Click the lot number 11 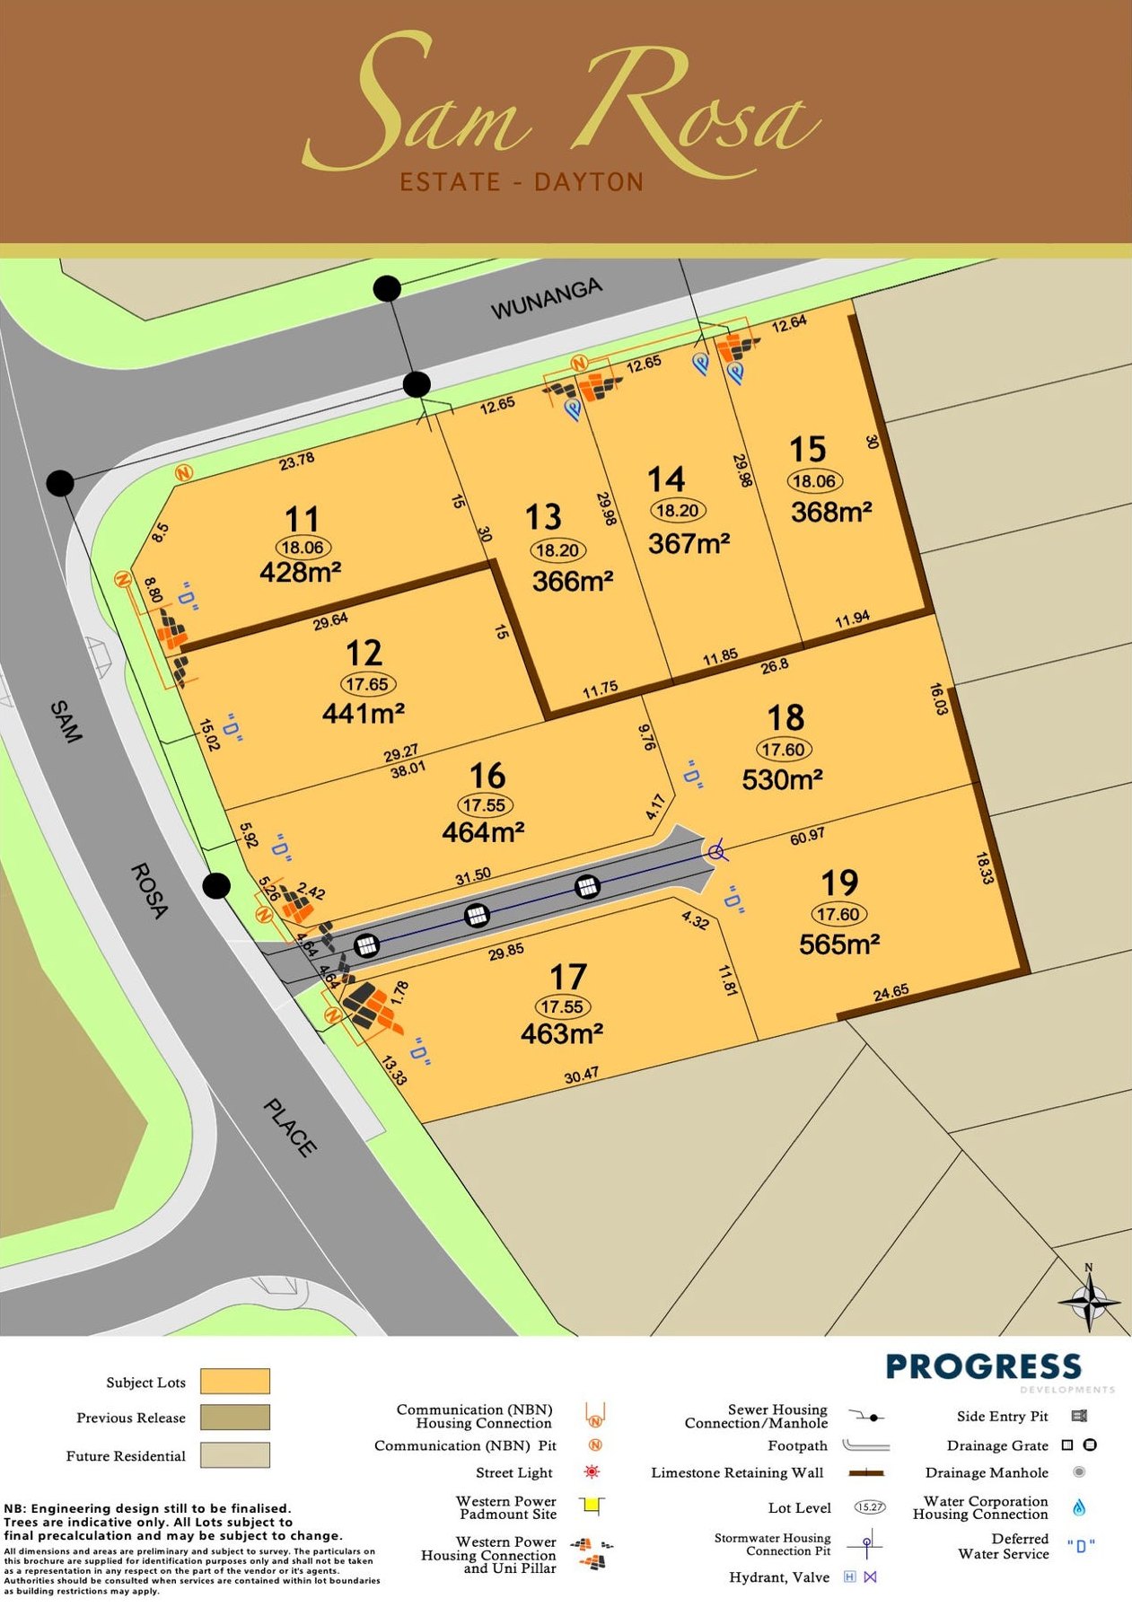coord(302,520)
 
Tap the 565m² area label coord(838,944)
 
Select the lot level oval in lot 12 coord(366,684)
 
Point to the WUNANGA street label coord(546,299)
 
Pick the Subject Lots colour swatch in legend coord(234,1381)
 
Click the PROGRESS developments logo coord(984,1368)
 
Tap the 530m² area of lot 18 coord(782,779)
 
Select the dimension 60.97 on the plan coord(807,836)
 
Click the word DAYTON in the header coord(589,182)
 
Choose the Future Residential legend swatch coord(234,1454)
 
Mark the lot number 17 coord(567,977)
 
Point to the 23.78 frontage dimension coord(296,461)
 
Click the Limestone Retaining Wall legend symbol coord(866,1472)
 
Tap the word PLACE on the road coord(290,1128)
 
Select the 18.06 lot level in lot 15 coord(813,480)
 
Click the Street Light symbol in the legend coord(592,1472)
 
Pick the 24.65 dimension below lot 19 coord(891,992)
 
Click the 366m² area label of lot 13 coord(572,581)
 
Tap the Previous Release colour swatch coord(234,1418)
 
